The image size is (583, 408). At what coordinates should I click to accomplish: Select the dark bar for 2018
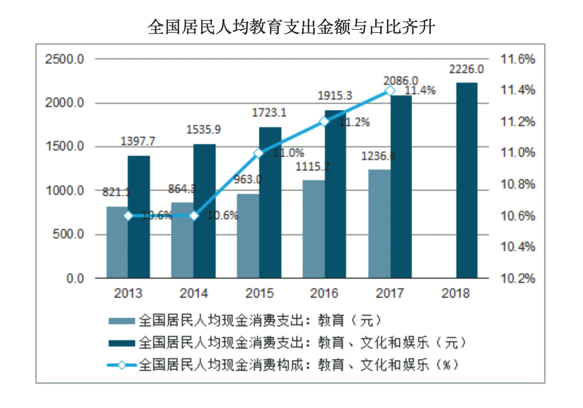(466, 180)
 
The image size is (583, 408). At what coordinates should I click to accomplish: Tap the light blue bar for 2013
(117, 242)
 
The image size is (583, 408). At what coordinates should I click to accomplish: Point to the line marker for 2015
(259, 153)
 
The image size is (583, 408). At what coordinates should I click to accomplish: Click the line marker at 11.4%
(390, 91)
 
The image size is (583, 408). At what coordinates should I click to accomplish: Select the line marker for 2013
(128, 216)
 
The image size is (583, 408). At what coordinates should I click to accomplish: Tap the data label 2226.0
(466, 69)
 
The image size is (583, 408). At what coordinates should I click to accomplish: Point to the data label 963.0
(248, 180)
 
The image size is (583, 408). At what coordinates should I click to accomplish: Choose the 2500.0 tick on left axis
(65, 59)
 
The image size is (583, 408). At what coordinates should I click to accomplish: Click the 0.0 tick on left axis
(75, 278)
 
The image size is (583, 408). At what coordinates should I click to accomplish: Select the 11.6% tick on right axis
(518, 59)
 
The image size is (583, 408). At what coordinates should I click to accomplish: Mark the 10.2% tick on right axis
(518, 278)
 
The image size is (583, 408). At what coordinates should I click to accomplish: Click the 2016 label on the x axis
(324, 293)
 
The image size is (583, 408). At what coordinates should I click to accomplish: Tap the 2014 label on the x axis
(193, 293)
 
